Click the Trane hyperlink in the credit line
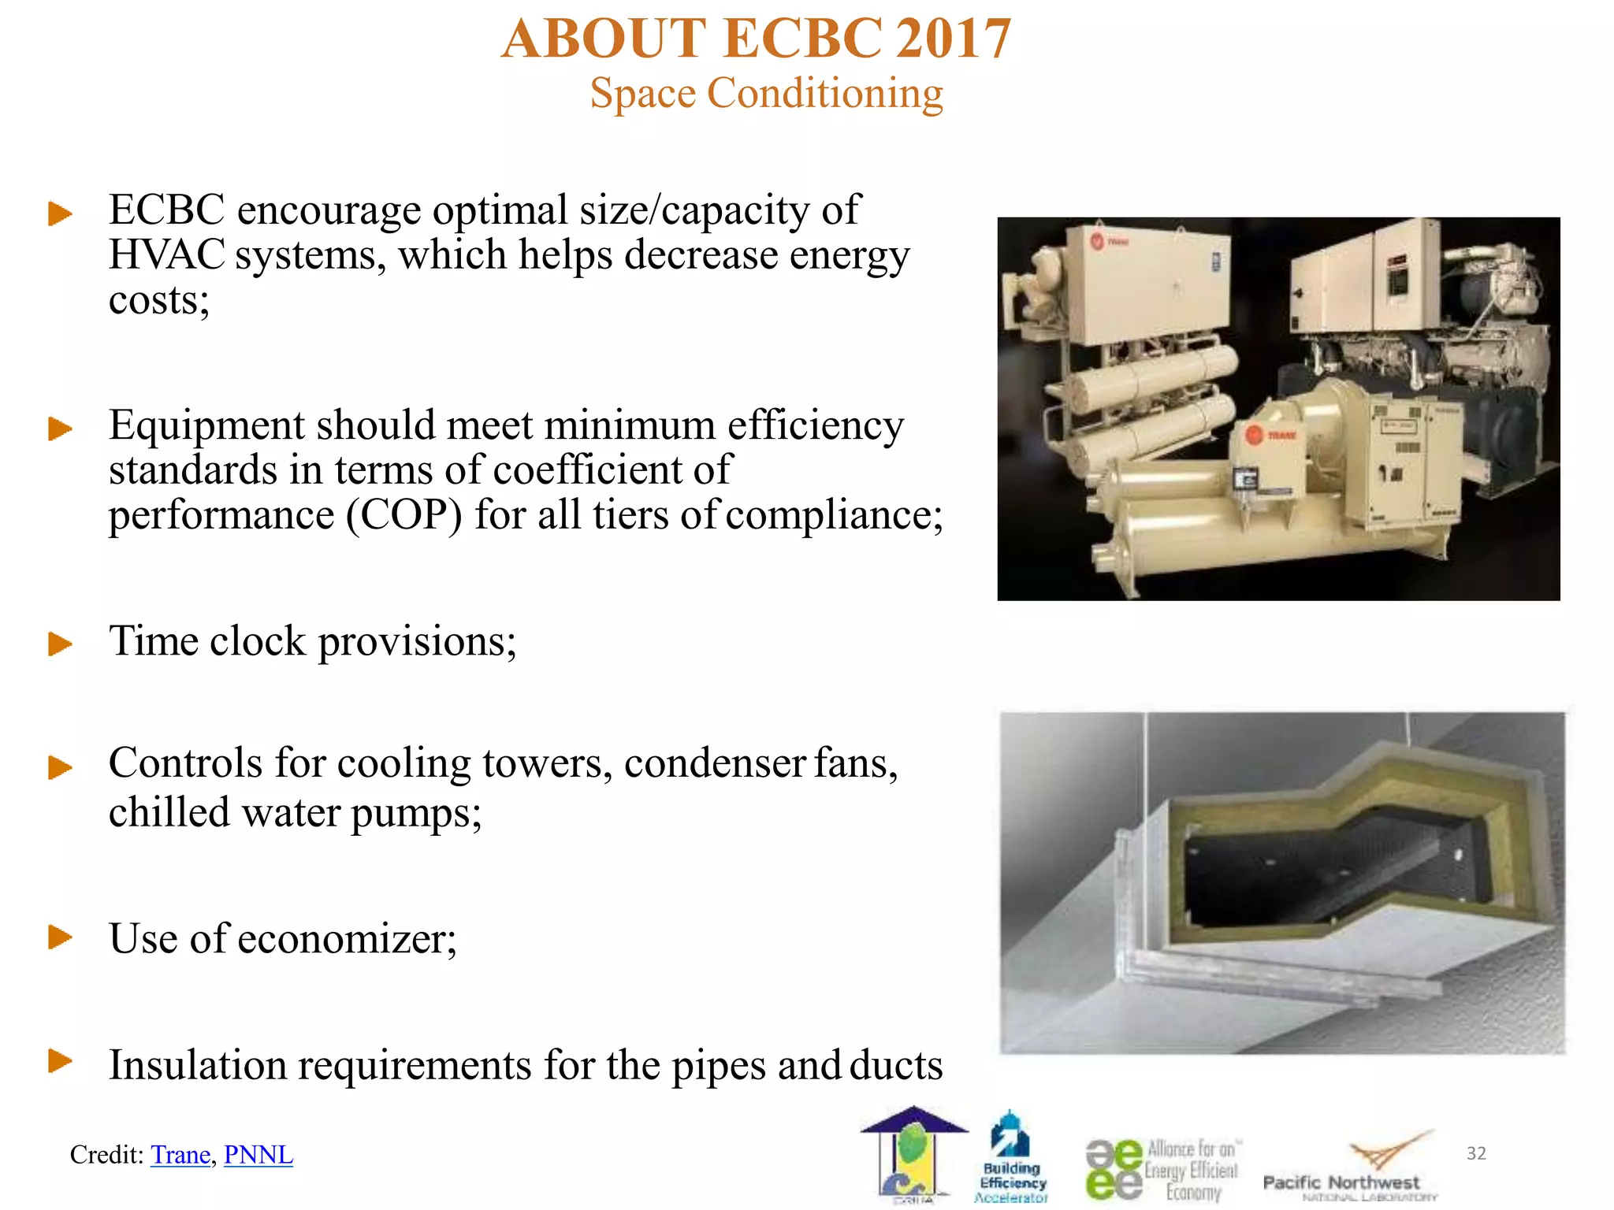coord(180,1154)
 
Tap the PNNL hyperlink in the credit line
coord(258,1154)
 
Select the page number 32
coord(1476,1153)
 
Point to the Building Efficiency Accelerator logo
coord(1012,1158)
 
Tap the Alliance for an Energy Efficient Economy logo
coord(1162,1170)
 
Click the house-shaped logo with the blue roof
coord(913,1154)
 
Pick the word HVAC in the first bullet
coord(166,255)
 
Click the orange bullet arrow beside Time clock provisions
coord(60,644)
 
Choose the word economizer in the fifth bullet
coord(347,939)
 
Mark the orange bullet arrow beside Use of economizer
coord(60,937)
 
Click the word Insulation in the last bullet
coord(198,1065)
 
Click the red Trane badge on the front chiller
coord(1254,434)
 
